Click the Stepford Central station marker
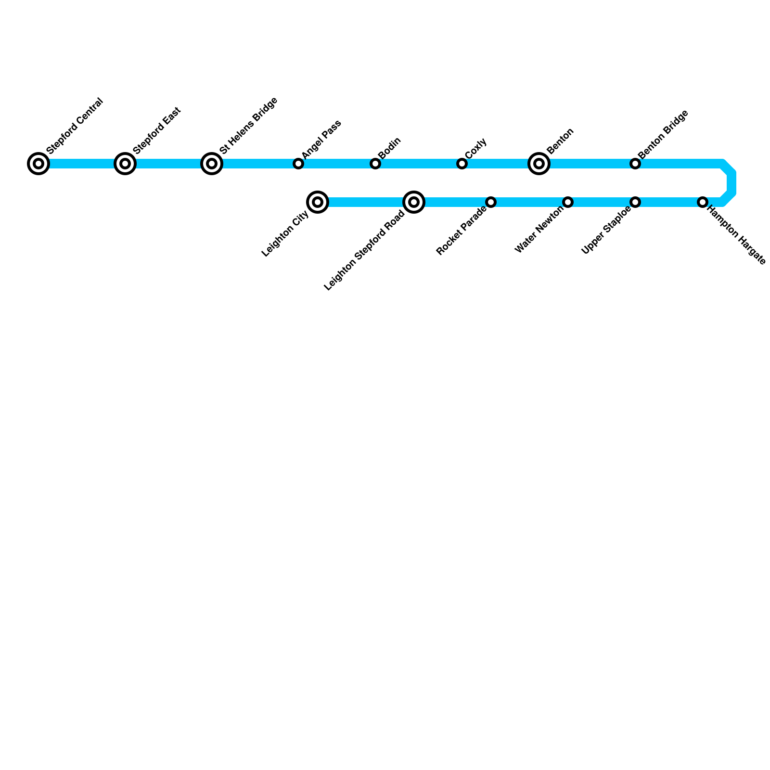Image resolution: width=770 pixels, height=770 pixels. (38, 164)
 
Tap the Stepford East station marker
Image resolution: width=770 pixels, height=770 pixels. (125, 164)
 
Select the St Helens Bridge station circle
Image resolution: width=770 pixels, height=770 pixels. (212, 164)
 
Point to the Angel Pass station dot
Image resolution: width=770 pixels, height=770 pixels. (298, 164)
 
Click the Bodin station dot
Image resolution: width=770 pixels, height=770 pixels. (375, 164)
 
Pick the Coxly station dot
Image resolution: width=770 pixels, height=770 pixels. (462, 164)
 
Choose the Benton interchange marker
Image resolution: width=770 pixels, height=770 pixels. (539, 164)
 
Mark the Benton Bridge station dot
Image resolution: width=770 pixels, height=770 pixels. (635, 164)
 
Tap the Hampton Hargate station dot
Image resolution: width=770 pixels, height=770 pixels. (703, 202)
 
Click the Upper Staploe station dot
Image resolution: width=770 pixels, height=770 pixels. (635, 202)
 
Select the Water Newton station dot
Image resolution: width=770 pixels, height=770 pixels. (568, 202)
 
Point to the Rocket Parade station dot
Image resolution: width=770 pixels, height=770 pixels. (491, 202)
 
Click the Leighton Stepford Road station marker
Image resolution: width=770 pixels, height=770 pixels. (414, 202)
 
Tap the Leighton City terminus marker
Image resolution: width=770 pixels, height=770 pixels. (318, 202)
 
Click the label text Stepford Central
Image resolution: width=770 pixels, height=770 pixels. (76, 126)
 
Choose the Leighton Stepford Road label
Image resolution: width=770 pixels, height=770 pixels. (364, 251)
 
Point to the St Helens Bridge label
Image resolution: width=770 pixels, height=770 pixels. (249, 126)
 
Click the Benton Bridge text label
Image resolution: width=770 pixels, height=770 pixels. (664, 134)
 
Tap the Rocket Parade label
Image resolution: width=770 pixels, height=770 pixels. (461, 231)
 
